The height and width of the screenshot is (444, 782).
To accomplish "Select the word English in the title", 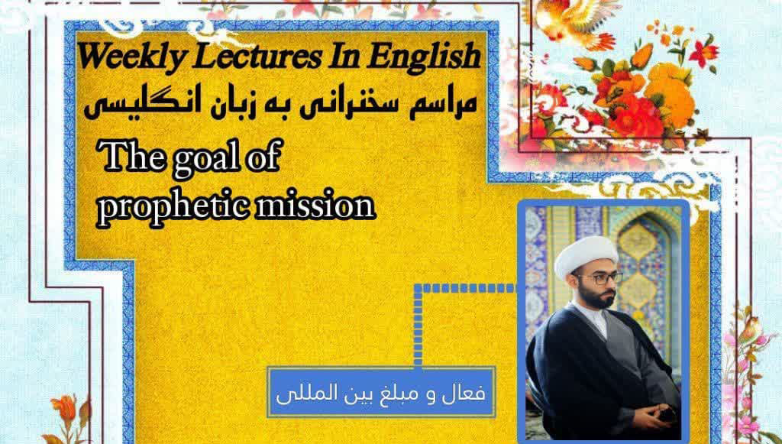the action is (x=424, y=57).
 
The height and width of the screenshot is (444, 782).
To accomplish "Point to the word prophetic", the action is (x=172, y=206).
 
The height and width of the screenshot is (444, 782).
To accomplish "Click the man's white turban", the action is (x=585, y=257).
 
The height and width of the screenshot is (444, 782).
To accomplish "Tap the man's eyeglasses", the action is (x=601, y=278).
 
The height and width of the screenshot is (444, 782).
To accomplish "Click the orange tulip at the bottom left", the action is (x=66, y=407).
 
